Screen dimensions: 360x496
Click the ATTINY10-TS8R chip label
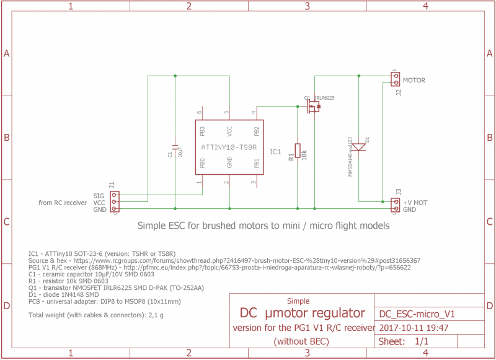tap(229, 147)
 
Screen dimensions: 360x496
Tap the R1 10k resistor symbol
tap(298, 150)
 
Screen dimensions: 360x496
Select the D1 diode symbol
tap(360, 147)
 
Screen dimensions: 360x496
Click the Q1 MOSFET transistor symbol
tap(315, 107)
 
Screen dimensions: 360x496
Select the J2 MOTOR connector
tap(396, 79)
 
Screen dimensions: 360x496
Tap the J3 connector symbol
tap(396, 205)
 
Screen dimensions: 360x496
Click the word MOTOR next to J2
tap(414, 81)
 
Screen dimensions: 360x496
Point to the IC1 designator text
tap(275, 151)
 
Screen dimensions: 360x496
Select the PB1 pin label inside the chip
tap(257, 164)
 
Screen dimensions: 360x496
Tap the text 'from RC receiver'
tap(63, 203)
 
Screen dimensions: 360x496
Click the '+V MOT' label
tap(415, 203)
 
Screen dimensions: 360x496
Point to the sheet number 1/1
tap(421, 341)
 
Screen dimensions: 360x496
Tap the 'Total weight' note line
tap(96, 315)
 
